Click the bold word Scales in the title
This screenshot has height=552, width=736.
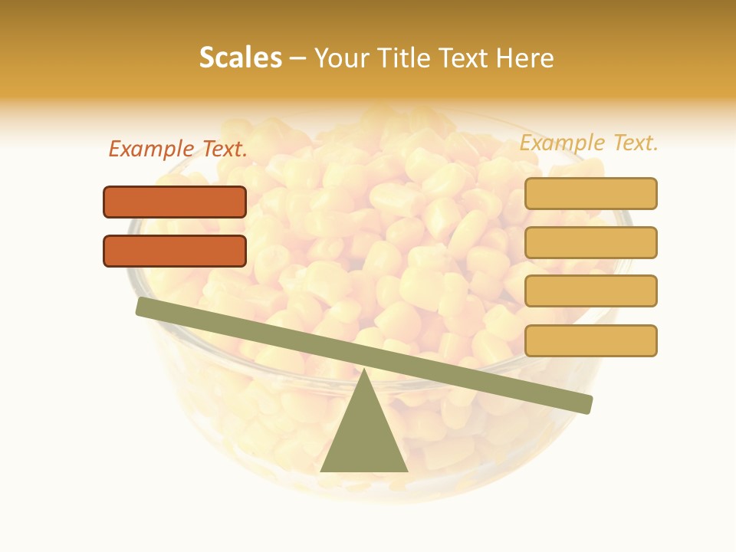click(241, 58)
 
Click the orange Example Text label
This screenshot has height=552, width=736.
click(178, 149)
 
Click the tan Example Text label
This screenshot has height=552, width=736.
click(589, 143)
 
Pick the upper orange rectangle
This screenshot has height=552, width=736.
click(175, 202)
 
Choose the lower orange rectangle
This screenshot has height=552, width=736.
click(175, 251)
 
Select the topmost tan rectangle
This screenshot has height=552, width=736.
click(590, 193)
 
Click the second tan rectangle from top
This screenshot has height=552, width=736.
click(590, 242)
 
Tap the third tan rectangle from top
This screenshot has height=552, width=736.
click(590, 291)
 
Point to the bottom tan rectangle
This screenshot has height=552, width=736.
click(590, 340)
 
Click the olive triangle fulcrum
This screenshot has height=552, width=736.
click(364, 437)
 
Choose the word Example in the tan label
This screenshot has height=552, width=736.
click(560, 143)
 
